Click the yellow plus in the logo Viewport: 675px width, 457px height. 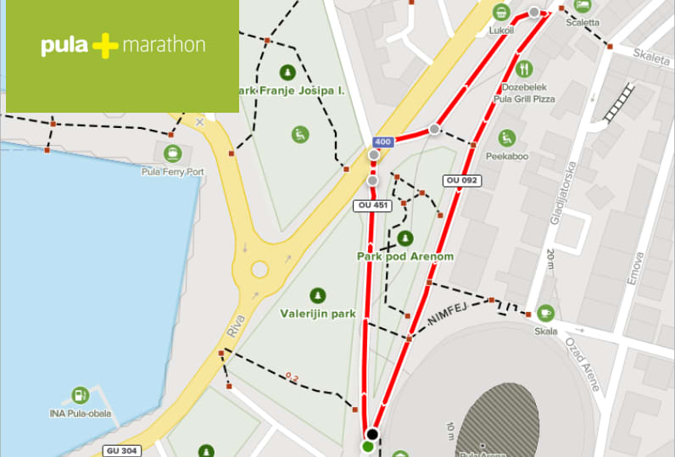click(x=105, y=46)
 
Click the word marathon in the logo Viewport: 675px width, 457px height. click(x=164, y=45)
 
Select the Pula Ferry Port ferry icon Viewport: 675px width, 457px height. click(x=173, y=153)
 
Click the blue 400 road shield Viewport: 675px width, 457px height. click(x=382, y=142)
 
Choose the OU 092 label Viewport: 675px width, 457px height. click(x=461, y=181)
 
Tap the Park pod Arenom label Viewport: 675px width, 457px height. click(x=404, y=256)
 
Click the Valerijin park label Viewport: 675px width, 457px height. click(x=318, y=313)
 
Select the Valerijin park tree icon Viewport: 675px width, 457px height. click(x=318, y=295)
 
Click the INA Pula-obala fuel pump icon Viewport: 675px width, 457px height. click(x=80, y=395)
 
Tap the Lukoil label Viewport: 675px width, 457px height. click(x=502, y=31)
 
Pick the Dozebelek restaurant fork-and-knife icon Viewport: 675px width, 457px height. click(x=524, y=69)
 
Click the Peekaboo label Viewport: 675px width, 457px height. click(x=507, y=157)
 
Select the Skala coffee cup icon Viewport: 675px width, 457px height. click(x=545, y=313)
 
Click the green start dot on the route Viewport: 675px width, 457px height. click(x=367, y=446)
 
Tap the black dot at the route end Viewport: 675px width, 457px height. click(x=372, y=434)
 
